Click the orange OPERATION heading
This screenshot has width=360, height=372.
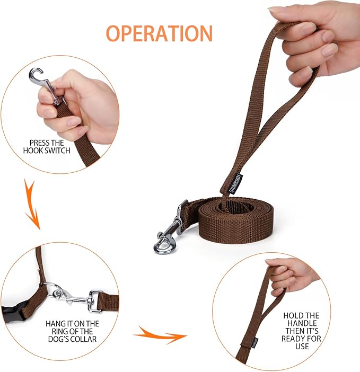[159, 33]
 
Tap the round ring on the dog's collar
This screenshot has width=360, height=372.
[52, 290]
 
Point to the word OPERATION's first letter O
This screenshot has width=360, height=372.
[115, 33]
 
